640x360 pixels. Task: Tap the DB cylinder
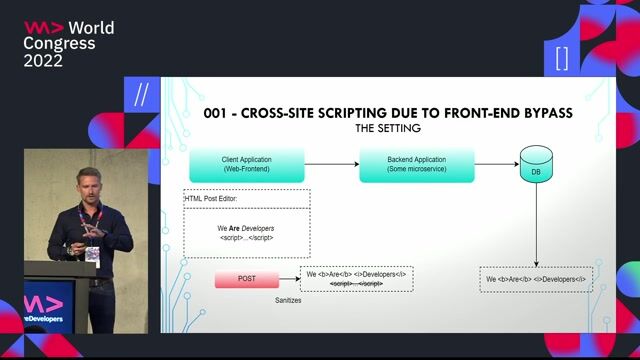536,168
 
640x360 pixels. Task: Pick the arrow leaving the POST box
291,280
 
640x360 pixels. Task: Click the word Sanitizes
289,299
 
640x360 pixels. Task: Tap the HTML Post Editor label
213,198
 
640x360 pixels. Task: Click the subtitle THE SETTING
388,129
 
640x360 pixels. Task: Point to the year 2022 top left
43,61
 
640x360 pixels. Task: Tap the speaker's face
88,188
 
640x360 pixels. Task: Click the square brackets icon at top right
562,57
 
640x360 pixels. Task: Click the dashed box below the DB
535,279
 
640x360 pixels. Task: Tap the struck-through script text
357,284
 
